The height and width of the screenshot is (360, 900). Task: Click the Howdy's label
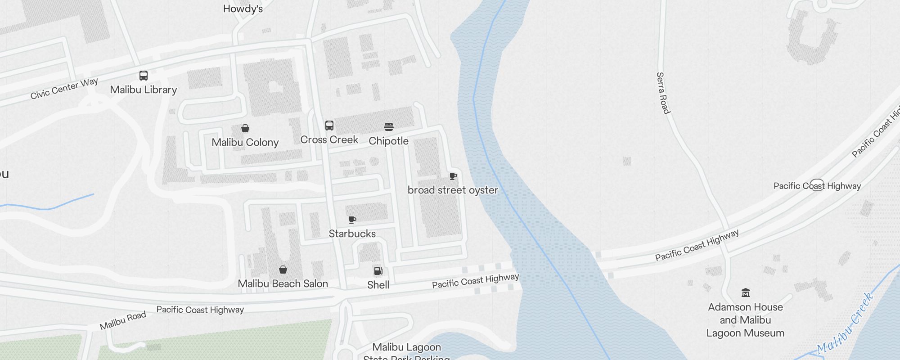[243, 9]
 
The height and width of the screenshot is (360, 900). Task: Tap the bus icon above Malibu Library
[144, 76]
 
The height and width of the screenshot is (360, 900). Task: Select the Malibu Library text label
[144, 90]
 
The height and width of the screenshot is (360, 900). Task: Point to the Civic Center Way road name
[64, 89]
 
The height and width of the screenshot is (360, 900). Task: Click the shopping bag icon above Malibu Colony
[245, 129]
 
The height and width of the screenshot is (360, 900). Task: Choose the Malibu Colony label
[245, 142]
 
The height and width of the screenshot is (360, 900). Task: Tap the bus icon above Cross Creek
[329, 126]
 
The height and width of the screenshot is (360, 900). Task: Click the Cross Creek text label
[329, 139]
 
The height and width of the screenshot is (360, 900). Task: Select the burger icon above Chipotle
[389, 127]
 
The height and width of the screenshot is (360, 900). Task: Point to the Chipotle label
[389, 141]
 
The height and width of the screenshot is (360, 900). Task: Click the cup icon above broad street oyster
[453, 176]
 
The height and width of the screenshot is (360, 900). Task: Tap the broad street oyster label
[453, 190]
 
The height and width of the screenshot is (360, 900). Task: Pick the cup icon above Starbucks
[352, 220]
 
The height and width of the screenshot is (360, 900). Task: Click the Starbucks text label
[352, 234]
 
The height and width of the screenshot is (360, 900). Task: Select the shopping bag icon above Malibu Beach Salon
[283, 270]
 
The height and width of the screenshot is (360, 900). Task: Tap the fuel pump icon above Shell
[378, 271]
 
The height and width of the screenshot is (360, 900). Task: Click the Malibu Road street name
[123, 320]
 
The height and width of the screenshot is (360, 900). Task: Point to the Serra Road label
[663, 93]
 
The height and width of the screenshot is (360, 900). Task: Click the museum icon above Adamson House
[746, 293]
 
